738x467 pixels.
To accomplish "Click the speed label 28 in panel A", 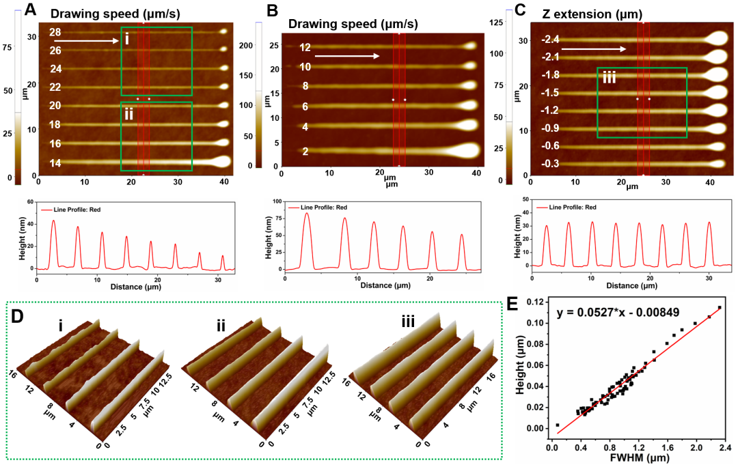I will coord(55,33).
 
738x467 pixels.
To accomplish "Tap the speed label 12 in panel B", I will coord(305,48).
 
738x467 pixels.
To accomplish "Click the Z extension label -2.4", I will coord(550,40).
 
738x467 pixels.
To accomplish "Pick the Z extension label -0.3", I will coord(550,164).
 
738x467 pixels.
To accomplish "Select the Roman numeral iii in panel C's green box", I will coord(609,79).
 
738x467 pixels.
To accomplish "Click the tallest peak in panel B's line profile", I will coord(307,214).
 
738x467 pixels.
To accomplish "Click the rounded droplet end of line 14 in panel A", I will coord(223,162).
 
